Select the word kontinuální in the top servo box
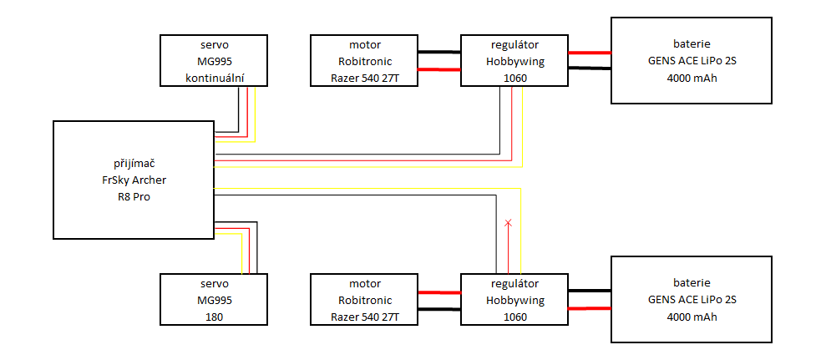(x=214, y=78)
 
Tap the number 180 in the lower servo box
(x=214, y=317)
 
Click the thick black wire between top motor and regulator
(x=439, y=52)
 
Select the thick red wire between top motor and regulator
(x=439, y=69)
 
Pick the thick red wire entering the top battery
(x=590, y=53)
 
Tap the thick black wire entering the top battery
(x=590, y=69)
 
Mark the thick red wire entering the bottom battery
(x=590, y=308)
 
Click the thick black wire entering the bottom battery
(x=590, y=291)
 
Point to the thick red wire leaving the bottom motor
(x=439, y=292)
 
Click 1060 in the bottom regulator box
(x=514, y=317)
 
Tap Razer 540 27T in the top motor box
(x=364, y=78)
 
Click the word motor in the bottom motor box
(x=364, y=283)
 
